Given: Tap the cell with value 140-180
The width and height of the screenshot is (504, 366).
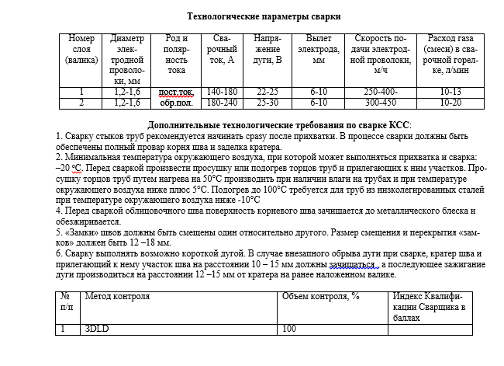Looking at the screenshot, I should pos(222,92).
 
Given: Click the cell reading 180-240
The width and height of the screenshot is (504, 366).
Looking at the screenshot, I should pos(222,102).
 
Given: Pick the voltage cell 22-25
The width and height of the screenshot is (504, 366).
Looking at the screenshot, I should pos(267,92).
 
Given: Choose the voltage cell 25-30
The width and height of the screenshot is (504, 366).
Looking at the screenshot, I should pos(267,102).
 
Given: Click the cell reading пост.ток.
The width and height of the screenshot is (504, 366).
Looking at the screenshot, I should pos(176,92).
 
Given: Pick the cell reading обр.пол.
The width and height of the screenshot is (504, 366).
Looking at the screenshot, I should pos(176,102).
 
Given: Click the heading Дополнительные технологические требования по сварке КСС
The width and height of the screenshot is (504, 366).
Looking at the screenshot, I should pos(279,125).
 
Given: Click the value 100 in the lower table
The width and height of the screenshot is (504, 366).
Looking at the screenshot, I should pos(289,329).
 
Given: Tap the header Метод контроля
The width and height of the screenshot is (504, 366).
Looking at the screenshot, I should pos(112,296).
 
